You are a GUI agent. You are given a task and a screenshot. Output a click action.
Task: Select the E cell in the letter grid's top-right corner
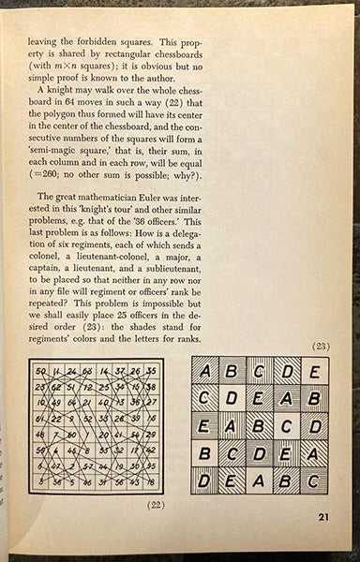tap(314, 373)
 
